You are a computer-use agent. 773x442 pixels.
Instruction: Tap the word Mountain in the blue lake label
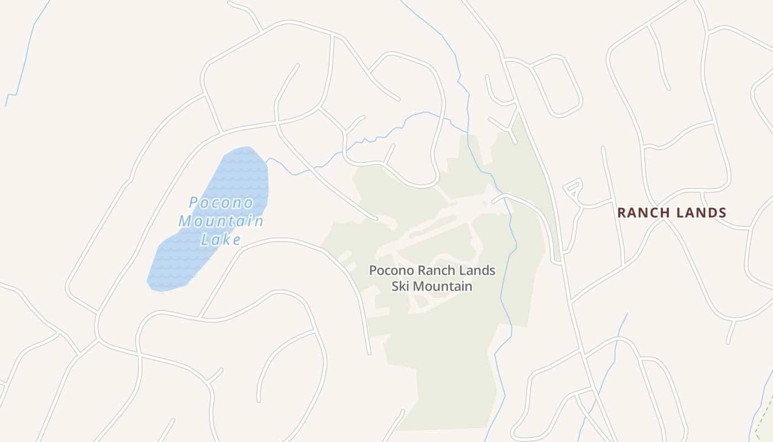click(x=221, y=222)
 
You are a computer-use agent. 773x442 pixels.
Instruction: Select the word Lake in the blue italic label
click(x=221, y=240)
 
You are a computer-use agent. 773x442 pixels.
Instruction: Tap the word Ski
click(x=401, y=286)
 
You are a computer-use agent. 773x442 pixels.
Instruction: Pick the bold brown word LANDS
click(x=702, y=213)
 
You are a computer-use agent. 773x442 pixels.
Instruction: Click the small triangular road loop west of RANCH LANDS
click(x=574, y=187)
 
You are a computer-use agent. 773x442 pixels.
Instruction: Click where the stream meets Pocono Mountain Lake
click(x=267, y=161)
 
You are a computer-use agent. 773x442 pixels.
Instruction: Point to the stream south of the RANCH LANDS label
click(x=613, y=359)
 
